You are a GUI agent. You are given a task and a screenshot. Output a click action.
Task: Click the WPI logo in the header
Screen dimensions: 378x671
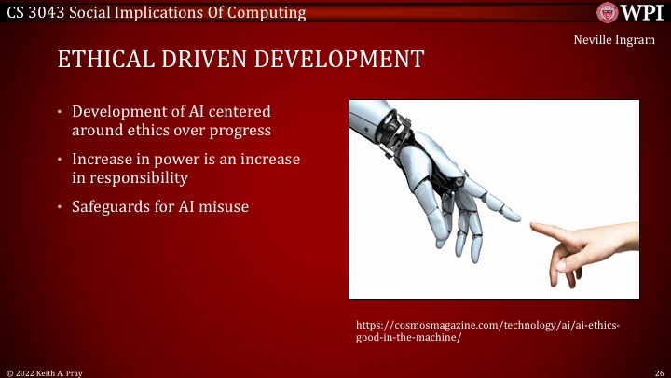(631, 12)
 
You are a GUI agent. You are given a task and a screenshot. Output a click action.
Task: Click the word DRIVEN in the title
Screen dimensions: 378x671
(204, 60)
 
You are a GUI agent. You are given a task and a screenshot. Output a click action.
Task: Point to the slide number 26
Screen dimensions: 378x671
(658, 371)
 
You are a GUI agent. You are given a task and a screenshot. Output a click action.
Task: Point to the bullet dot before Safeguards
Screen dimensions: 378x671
(61, 206)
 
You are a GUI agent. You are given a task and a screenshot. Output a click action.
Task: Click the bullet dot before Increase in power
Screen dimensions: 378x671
(61, 160)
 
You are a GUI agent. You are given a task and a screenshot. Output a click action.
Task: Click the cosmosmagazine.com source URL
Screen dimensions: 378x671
(487, 331)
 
